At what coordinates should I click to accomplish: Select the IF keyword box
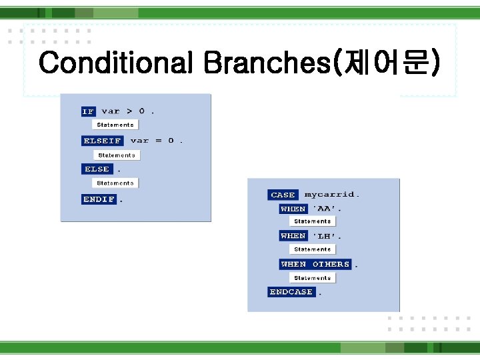[x=88, y=111]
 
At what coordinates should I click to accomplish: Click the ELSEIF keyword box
[x=102, y=141]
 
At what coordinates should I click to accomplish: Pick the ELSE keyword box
[x=97, y=169]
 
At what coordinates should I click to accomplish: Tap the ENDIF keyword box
[x=99, y=199]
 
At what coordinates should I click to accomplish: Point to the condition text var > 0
[x=127, y=111]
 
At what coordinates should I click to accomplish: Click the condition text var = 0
[x=156, y=141]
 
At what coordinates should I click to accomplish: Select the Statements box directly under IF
[x=115, y=125]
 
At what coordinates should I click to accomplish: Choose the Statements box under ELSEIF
[x=116, y=155]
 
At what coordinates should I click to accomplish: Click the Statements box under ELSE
[x=115, y=183]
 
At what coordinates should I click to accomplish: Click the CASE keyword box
[x=283, y=195]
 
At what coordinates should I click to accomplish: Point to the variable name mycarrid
[x=331, y=195]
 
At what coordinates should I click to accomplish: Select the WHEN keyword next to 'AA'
[x=293, y=209]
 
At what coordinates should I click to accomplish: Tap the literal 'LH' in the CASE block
[x=327, y=236]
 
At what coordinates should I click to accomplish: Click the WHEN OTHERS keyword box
[x=315, y=264]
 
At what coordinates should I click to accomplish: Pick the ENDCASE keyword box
[x=291, y=292]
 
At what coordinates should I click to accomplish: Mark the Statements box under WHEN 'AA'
[x=312, y=221]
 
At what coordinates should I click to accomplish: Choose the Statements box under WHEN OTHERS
[x=312, y=277]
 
